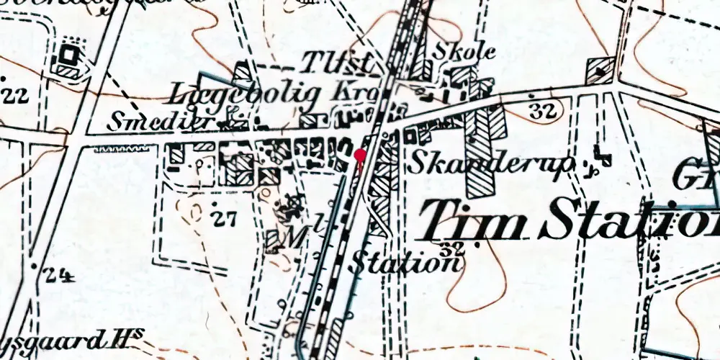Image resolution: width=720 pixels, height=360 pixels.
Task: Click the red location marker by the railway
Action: tap(361, 154)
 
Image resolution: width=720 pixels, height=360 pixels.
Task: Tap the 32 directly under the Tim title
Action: tap(453, 248)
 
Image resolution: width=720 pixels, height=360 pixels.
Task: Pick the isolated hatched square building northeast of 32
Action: tap(600, 71)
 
